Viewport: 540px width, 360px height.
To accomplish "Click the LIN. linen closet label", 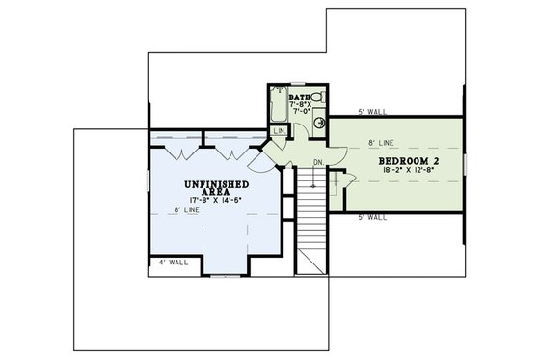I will (280, 131).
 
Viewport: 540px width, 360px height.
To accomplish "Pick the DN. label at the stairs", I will (318, 162).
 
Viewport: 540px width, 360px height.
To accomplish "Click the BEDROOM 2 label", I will (410, 159).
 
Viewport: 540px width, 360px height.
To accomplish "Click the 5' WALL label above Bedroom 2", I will (371, 111).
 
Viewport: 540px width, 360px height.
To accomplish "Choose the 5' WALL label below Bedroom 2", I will (371, 217).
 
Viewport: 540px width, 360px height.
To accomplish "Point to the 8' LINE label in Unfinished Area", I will (186, 210).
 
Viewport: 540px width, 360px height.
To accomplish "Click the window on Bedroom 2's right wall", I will (465, 165).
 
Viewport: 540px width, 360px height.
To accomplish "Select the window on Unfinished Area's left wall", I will (148, 192).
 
